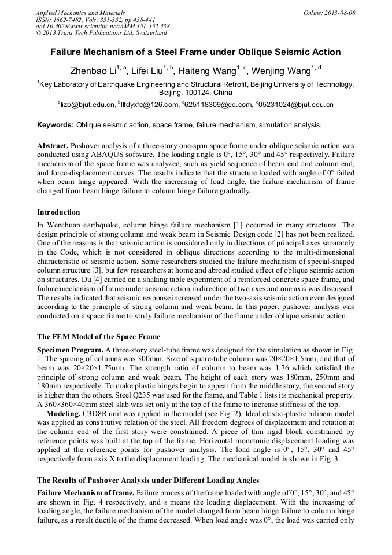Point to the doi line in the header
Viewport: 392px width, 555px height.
[102, 27]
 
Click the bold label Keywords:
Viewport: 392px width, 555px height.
[56, 125]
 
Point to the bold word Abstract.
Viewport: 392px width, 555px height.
[53, 144]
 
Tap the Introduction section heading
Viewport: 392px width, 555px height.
[58, 212]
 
